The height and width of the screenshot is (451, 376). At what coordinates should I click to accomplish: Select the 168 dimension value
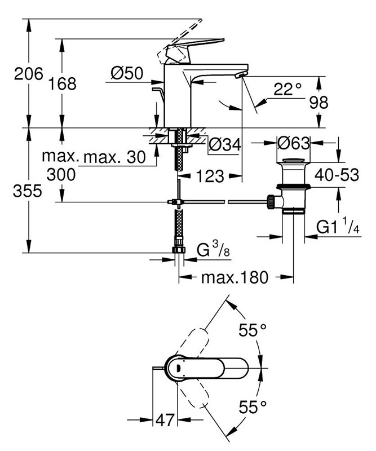(x=62, y=83)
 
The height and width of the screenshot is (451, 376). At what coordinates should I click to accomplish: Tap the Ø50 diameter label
(x=126, y=73)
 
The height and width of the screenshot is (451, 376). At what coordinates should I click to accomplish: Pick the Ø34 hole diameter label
(x=224, y=145)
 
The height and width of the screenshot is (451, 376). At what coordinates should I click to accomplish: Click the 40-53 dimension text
(x=337, y=175)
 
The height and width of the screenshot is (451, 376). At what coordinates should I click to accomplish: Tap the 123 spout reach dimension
(x=210, y=176)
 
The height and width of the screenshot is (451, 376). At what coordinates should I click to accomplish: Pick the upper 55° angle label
(x=252, y=331)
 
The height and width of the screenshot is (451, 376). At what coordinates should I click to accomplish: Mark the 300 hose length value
(x=62, y=175)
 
